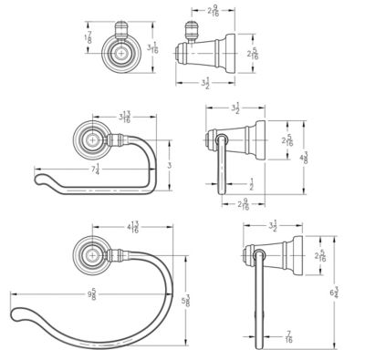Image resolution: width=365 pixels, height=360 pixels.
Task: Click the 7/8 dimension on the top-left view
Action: coord(88,37)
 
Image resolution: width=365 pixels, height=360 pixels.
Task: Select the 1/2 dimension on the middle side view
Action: coord(250,185)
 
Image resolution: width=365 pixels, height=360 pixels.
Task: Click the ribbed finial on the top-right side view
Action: coord(195,30)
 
